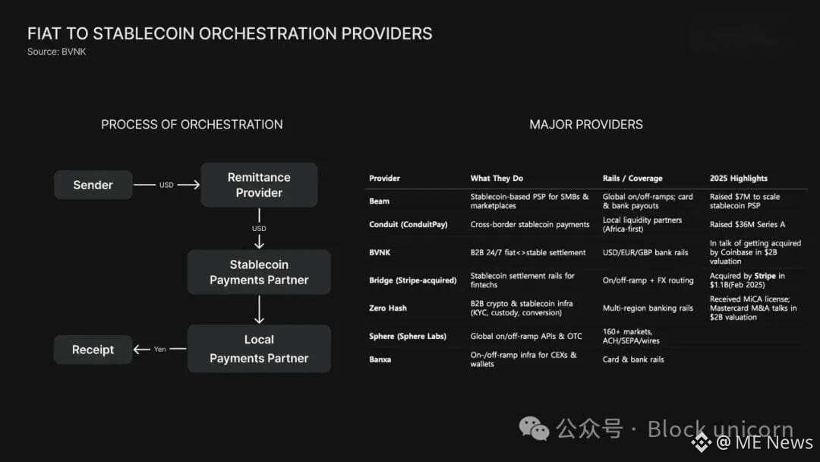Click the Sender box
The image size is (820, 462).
click(93, 185)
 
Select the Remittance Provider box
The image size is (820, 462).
click(259, 185)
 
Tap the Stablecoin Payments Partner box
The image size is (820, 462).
click(259, 272)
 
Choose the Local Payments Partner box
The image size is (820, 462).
click(259, 349)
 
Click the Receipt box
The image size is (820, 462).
click(93, 350)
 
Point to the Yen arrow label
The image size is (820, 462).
click(159, 350)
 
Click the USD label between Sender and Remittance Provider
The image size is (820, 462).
click(166, 185)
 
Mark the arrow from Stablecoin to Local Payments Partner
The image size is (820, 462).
click(259, 309)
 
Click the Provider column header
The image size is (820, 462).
click(384, 179)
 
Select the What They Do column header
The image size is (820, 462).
click(497, 179)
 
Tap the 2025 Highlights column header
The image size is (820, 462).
click(738, 179)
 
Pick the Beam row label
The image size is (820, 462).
click(379, 201)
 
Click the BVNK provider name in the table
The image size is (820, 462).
click(380, 252)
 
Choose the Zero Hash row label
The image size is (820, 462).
click(388, 308)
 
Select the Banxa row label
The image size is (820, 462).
click(380, 359)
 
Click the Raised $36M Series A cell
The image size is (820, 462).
click(747, 225)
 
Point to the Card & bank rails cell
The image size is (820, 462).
click(633, 359)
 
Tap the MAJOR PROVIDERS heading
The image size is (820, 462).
click(586, 125)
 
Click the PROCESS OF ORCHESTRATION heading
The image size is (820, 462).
click(192, 125)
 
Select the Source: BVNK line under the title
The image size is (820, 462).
click(56, 52)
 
